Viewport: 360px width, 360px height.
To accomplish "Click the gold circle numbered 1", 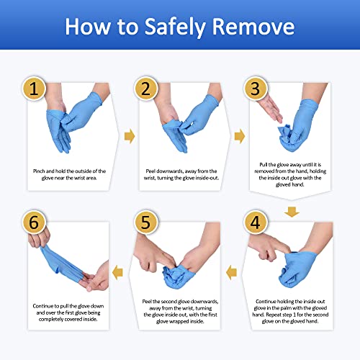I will [39, 90].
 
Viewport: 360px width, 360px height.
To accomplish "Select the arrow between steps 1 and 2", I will [130, 136].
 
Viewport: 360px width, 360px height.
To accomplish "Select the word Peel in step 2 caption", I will [152, 171].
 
